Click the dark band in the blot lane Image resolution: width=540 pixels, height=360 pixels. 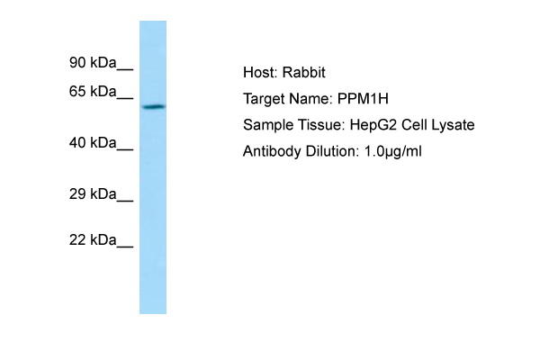click(x=154, y=107)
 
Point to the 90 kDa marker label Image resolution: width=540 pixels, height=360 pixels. click(x=93, y=63)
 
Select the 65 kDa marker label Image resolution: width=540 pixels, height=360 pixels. click(x=93, y=92)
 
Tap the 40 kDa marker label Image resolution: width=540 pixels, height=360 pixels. click(x=93, y=142)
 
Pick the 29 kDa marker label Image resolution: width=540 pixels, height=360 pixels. click(x=93, y=194)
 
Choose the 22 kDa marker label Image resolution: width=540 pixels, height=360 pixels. click(x=93, y=239)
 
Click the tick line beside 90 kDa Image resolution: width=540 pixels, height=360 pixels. click(x=125, y=70)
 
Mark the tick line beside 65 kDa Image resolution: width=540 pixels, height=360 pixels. click(x=125, y=99)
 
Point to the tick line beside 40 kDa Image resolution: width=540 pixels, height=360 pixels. click(x=125, y=150)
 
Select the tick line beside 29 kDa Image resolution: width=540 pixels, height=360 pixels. click(x=125, y=201)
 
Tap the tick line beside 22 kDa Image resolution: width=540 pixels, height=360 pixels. click(x=125, y=247)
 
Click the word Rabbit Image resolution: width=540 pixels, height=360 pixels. click(x=304, y=72)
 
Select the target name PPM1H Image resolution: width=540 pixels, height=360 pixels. click(x=363, y=99)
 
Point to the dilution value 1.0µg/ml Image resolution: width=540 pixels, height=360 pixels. click(x=392, y=151)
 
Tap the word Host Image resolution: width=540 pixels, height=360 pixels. click(x=260, y=72)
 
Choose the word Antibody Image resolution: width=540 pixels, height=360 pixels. click(x=272, y=151)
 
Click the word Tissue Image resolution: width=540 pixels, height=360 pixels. click(x=321, y=125)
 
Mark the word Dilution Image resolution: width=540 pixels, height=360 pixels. click(x=332, y=151)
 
